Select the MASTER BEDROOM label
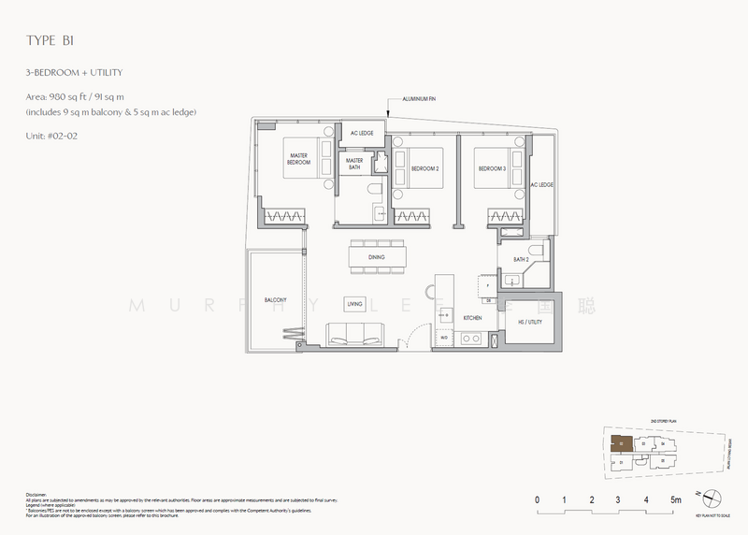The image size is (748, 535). (298, 158)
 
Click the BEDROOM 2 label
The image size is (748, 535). (425, 168)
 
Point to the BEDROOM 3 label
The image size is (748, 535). (492, 168)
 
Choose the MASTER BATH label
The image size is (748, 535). (354, 164)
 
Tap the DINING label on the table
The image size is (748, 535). (377, 255)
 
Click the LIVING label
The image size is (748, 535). (354, 304)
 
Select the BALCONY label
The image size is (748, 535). (274, 300)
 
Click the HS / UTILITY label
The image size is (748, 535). (528, 321)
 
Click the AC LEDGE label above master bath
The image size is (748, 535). (362, 134)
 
